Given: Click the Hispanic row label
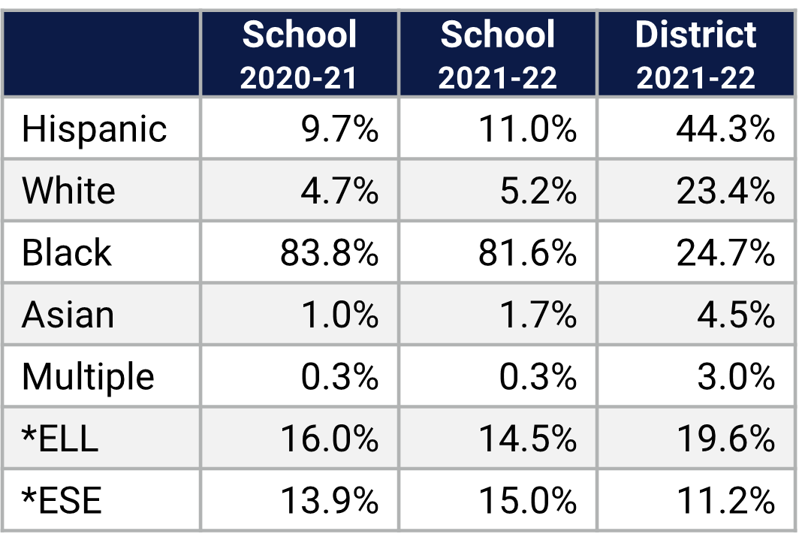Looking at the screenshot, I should [94, 129].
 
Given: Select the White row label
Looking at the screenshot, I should [68, 191].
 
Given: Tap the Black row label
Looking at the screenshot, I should [67, 252].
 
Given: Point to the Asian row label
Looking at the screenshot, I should [68, 315].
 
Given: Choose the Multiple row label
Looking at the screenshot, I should [88, 376].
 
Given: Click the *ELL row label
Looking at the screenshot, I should [60, 439].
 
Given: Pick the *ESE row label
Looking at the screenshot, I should [62, 500].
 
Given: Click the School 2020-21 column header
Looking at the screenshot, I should [300, 55].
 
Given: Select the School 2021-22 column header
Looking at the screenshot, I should [498, 55].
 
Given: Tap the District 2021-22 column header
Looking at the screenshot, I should [696, 55].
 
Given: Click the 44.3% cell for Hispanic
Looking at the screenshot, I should [725, 129].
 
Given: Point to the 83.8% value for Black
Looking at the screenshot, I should [329, 252].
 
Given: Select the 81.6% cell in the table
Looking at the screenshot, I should [527, 252].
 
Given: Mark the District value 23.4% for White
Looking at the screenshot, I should [725, 191].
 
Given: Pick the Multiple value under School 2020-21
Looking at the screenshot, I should [339, 376].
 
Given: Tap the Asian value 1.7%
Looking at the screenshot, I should [538, 315].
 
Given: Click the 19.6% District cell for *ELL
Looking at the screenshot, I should [725, 439].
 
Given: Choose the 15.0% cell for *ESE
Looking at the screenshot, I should [527, 500].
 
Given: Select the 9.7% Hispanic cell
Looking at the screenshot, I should [339, 129].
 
